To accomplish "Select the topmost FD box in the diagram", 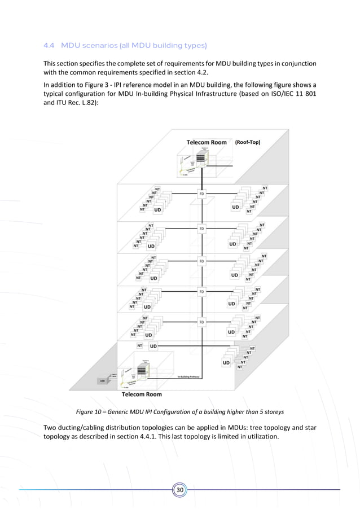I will click(x=201, y=194).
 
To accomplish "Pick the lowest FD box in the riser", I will click(x=201, y=322).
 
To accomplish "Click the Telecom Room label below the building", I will click(x=142, y=394).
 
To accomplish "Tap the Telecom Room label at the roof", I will click(x=207, y=142).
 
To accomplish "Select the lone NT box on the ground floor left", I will click(x=139, y=345).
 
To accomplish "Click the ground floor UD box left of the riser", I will click(x=153, y=345).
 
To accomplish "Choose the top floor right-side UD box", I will click(x=236, y=207).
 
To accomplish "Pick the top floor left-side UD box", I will click(x=157, y=209).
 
